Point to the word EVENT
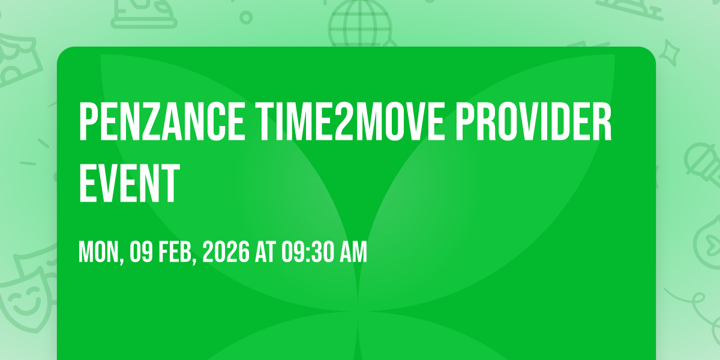point(129,183)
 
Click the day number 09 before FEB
point(141,252)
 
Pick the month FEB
point(175,252)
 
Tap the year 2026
point(226,252)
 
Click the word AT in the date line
point(265,252)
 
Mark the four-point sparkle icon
point(669,53)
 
